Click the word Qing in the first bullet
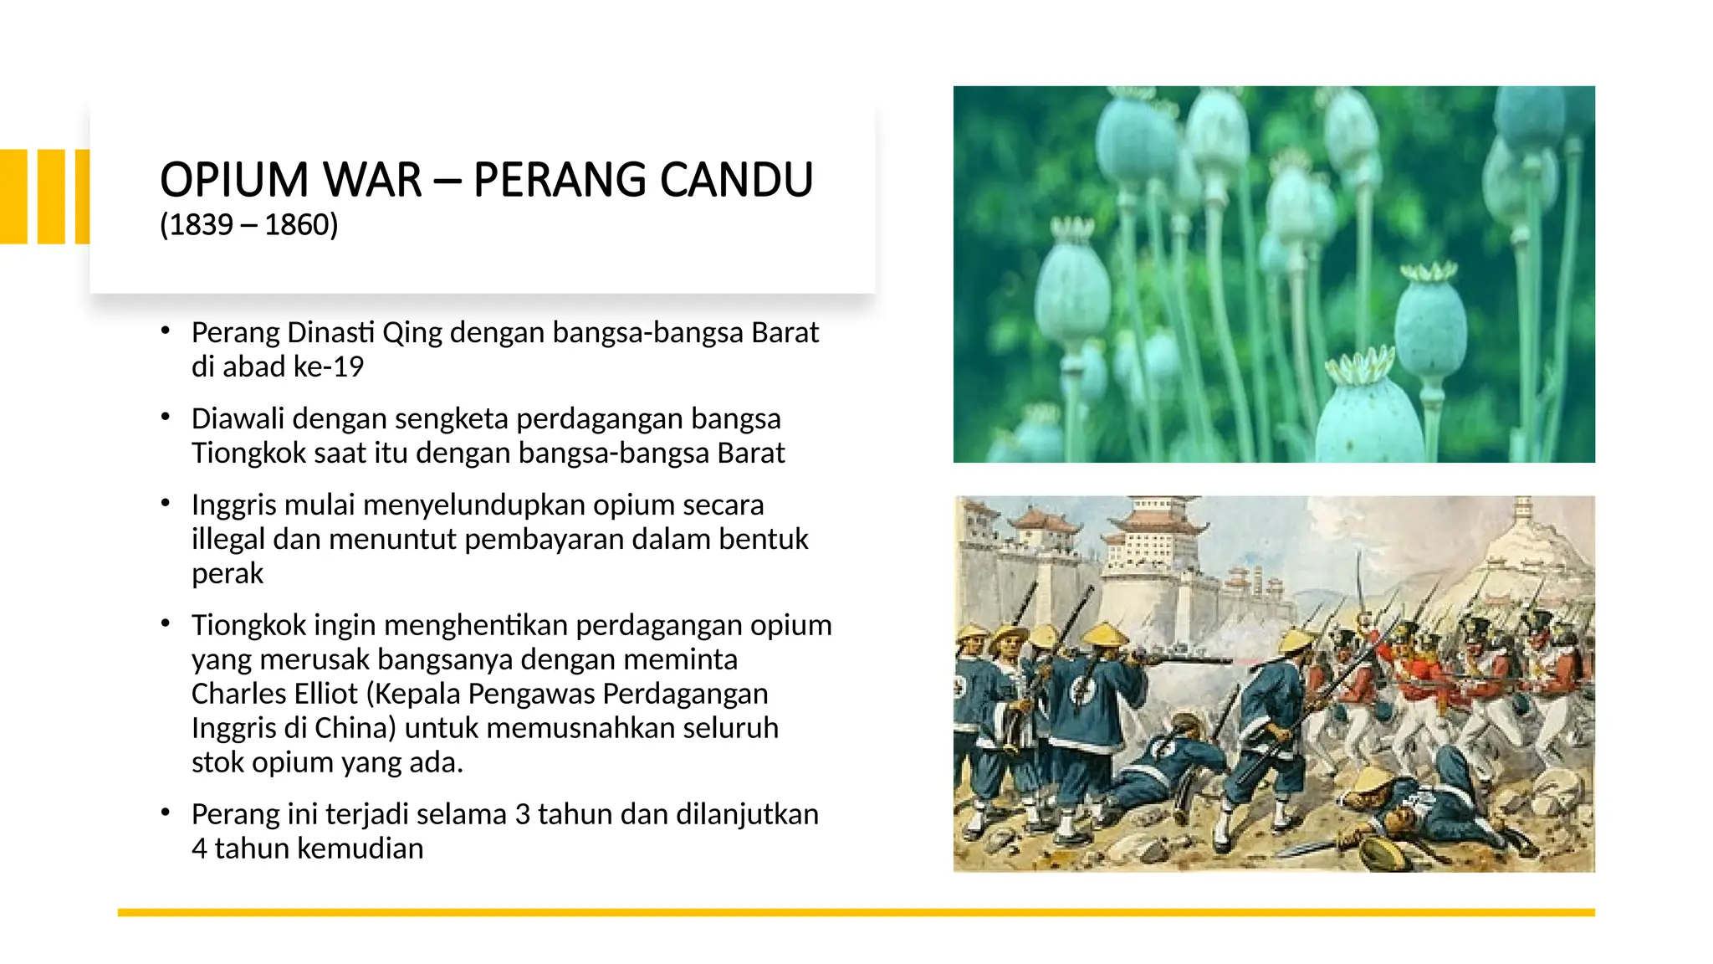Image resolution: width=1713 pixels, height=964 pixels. click(x=412, y=333)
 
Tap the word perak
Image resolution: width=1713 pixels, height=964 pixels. click(x=227, y=574)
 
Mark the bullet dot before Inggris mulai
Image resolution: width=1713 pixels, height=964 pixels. click(x=166, y=503)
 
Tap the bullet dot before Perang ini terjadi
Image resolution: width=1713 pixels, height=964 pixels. click(x=166, y=813)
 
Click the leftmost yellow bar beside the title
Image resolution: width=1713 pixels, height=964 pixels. click(x=13, y=197)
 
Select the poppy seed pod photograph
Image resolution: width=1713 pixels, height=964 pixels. click(x=1273, y=274)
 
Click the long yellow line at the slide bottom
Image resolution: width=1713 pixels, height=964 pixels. click(x=856, y=912)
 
